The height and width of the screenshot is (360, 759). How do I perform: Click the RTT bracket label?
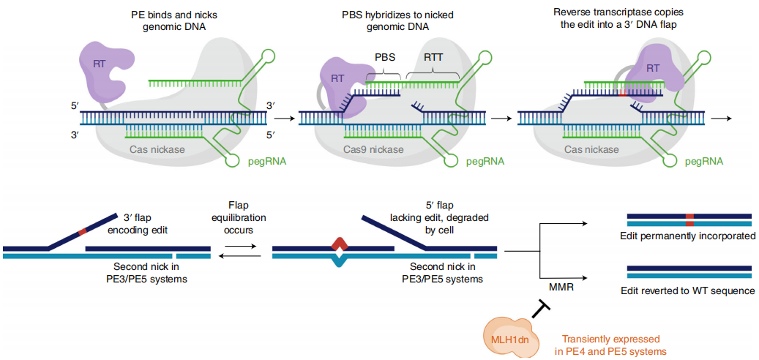tap(433, 57)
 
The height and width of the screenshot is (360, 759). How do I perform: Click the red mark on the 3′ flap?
tap(83, 232)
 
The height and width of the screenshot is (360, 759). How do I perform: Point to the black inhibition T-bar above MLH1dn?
tap(541, 310)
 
